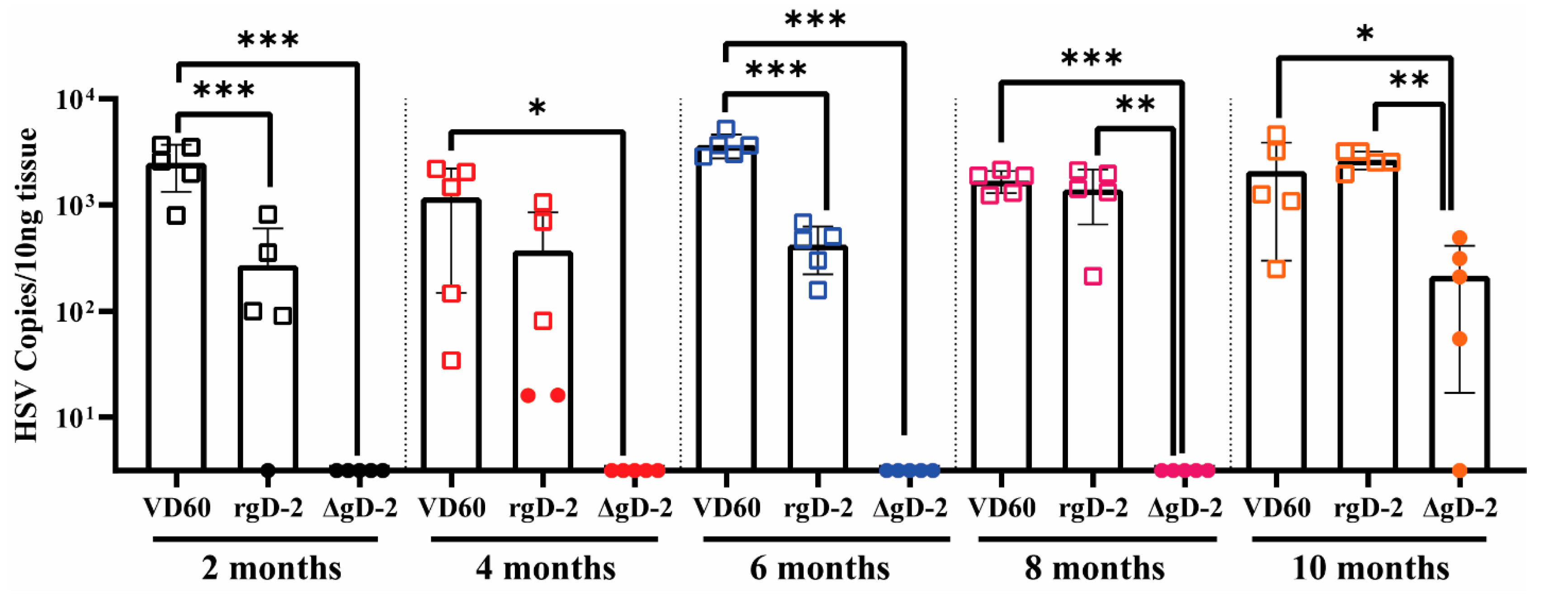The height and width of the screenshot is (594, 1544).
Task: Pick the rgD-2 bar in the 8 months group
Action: point(1093,330)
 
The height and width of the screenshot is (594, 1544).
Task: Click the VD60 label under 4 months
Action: point(451,508)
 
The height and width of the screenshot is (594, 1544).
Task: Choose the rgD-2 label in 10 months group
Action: point(1369,508)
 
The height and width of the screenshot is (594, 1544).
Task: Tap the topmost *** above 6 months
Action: point(815,20)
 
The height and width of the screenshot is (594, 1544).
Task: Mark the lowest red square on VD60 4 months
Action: point(451,361)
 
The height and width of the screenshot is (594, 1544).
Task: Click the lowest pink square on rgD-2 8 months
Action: point(1093,276)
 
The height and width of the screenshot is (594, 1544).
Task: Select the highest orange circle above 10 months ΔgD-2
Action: point(1459,238)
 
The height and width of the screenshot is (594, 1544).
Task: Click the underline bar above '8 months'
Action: point(1097,539)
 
